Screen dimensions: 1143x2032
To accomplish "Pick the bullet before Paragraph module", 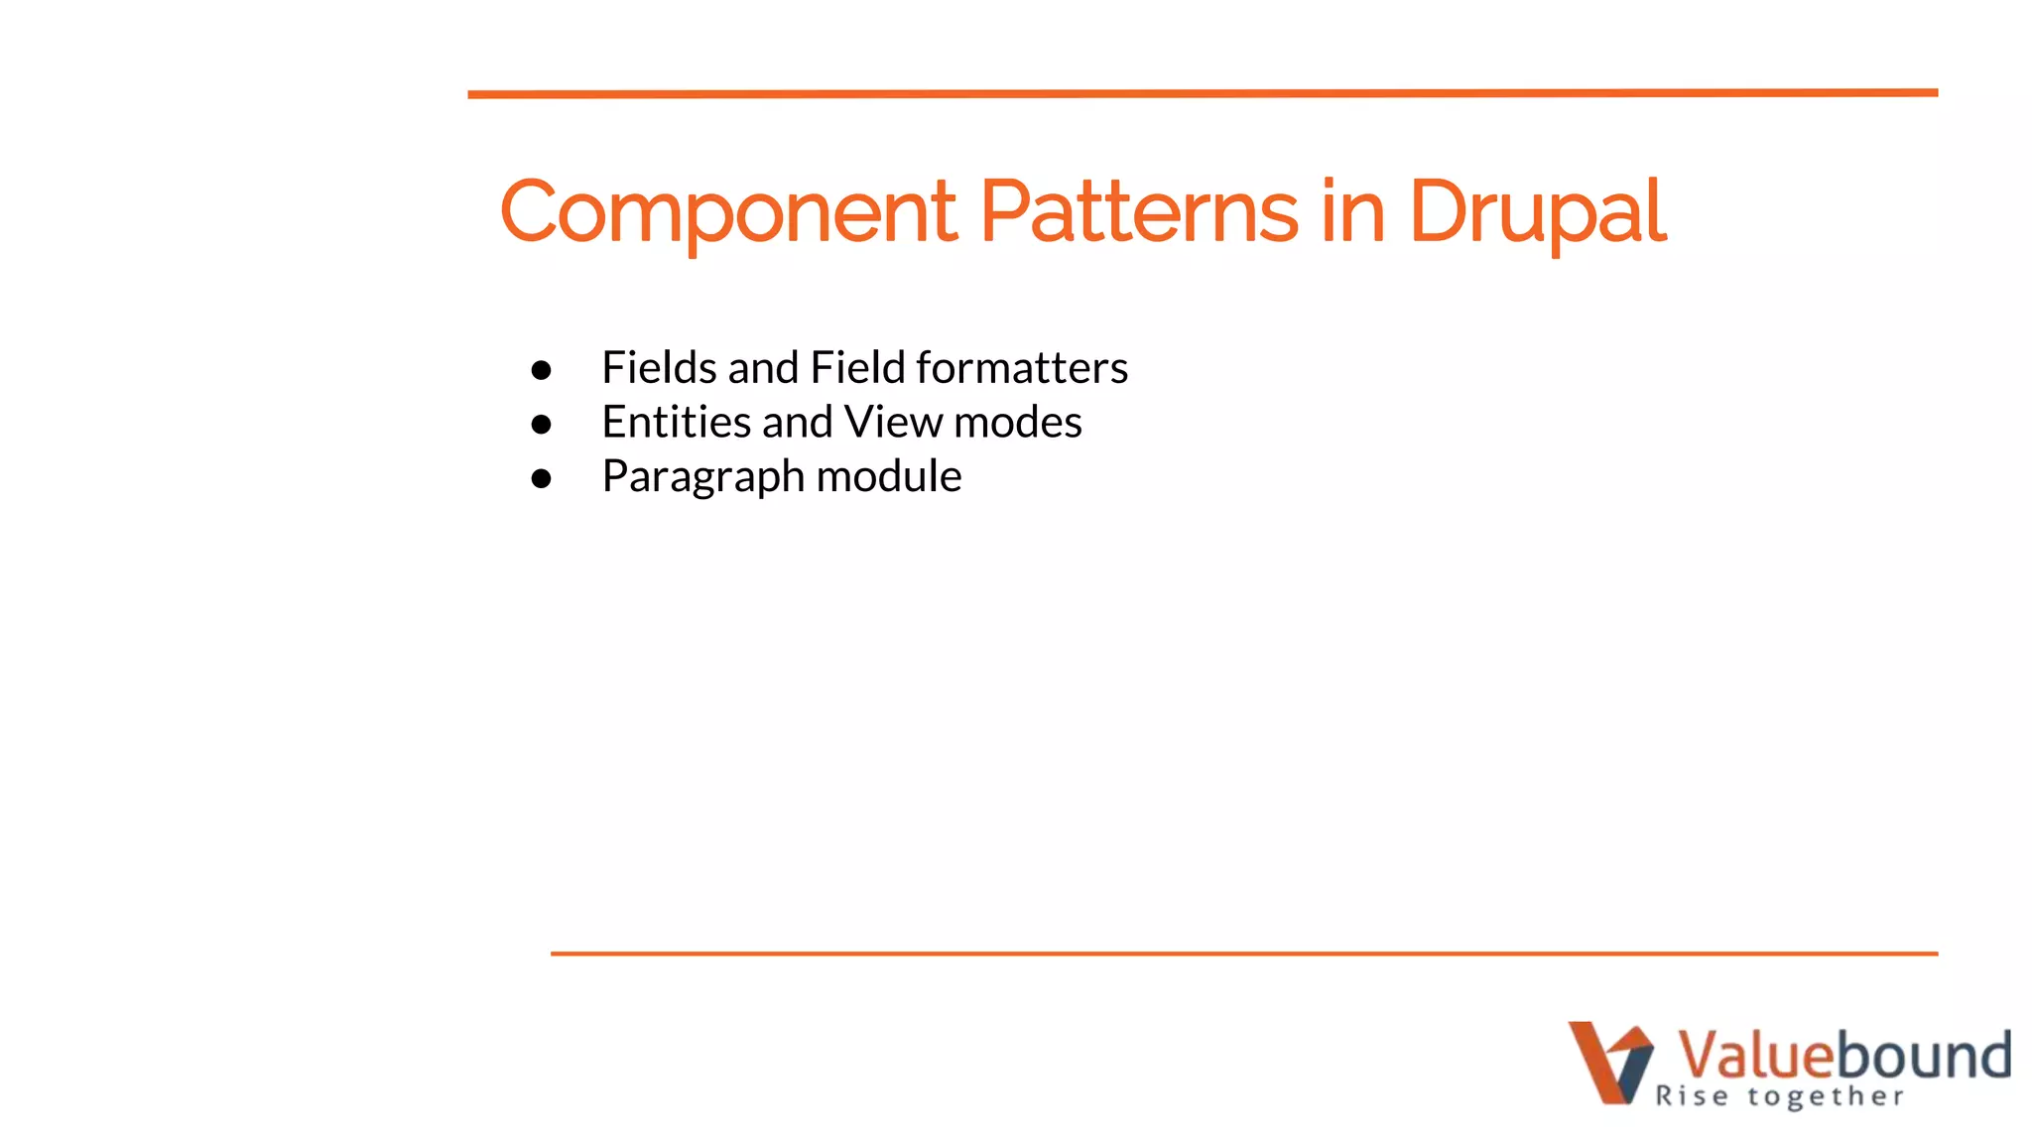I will pyautogui.click(x=541, y=479).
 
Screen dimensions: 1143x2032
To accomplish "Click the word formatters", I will pyautogui.click(x=1022, y=368).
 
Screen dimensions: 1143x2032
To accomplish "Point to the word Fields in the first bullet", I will pyautogui.click(x=660, y=368).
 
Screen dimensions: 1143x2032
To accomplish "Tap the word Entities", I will pyautogui.click(x=676, y=423).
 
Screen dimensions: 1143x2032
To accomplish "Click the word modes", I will pyautogui.click(x=1017, y=423).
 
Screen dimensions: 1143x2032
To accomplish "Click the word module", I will pyautogui.click(x=888, y=477).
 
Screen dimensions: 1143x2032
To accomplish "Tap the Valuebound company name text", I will pyautogui.click(x=1843, y=1054).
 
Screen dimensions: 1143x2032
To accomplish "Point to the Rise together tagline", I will pyautogui.click(x=1779, y=1096).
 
